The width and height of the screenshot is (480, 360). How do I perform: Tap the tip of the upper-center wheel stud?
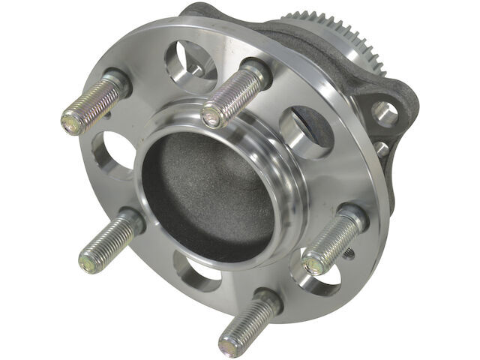coord(211,115)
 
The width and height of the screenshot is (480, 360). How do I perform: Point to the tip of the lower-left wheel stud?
coord(89,260)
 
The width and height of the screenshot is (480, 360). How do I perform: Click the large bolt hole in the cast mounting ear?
coord(385,114)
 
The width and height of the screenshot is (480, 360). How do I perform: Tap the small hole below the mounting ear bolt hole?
coord(383,148)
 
